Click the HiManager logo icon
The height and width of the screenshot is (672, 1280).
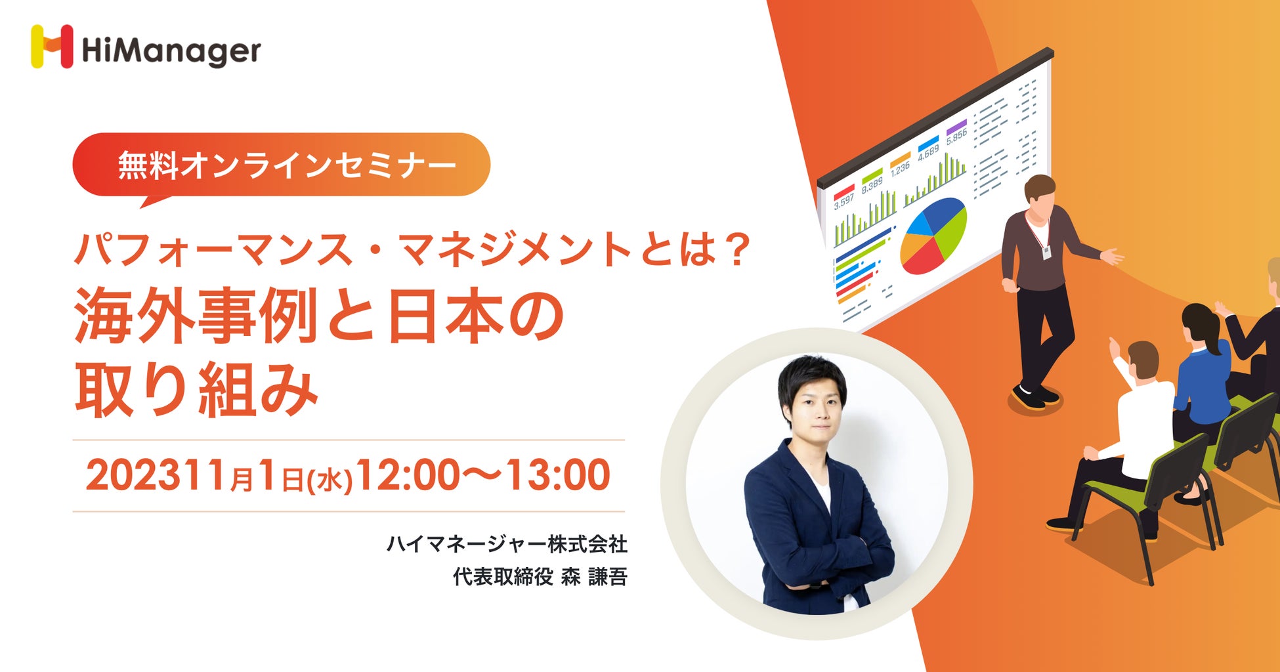point(52,47)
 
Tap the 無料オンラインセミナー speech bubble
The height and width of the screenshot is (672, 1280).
point(282,165)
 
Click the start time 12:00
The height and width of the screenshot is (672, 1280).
point(407,476)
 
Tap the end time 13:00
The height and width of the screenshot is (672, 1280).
point(557,476)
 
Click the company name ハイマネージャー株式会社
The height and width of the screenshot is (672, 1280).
point(507,543)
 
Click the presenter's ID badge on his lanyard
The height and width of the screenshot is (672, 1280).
point(1046,251)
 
